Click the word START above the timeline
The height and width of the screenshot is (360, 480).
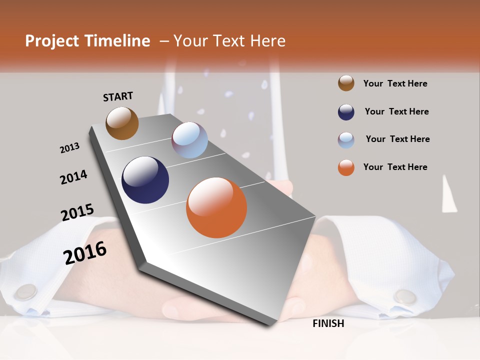click(118, 96)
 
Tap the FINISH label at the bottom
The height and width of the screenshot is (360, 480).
click(328, 323)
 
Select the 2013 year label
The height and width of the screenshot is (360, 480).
click(69, 148)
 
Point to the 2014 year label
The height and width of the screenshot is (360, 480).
click(73, 177)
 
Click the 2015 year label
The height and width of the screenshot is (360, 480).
click(77, 212)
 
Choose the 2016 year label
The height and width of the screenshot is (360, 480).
click(85, 252)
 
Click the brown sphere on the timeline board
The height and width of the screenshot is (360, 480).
click(122, 123)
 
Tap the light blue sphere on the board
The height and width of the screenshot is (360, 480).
click(189, 140)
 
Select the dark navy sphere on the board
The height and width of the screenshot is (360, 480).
click(145, 180)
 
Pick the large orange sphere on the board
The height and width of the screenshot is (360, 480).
click(216, 207)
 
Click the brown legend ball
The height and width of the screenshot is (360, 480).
click(346, 83)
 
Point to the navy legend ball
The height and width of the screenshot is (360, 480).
click(346, 112)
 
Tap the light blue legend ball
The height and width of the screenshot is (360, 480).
click(346, 140)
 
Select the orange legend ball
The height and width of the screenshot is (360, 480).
click(346, 167)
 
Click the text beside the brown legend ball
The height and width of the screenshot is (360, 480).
click(395, 83)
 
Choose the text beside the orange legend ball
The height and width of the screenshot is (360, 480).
click(395, 167)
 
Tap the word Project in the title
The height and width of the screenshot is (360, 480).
click(52, 41)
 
